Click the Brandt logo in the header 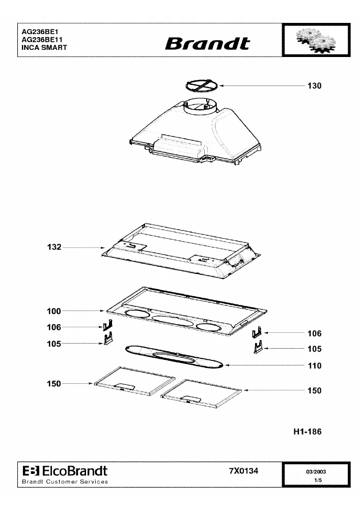point(207,44)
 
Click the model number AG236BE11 point(42,40)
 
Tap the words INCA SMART point(44,47)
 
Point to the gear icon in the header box point(315,40)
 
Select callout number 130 point(314,86)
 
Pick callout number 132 point(54,247)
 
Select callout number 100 point(54,311)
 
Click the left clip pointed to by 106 point(108,325)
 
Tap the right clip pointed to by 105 point(258,347)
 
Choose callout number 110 point(315,366)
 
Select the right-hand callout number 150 point(314,390)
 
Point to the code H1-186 point(308,432)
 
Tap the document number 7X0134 point(244,470)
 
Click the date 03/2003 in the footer point(316,472)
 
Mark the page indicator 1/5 point(318,480)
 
